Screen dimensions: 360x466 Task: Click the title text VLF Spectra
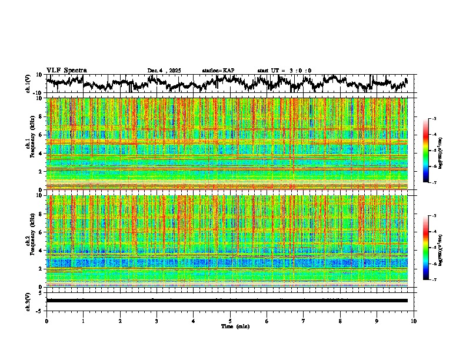(66, 71)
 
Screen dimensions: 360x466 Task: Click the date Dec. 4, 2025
(164, 71)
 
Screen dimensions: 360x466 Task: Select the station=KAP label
(218, 71)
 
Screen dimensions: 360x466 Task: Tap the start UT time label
(284, 71)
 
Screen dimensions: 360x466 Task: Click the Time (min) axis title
(235, 326)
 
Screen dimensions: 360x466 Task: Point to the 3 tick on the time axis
(157, 321)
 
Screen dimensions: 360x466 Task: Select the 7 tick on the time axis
(304, 321)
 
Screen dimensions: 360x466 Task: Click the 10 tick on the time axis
(414, 321)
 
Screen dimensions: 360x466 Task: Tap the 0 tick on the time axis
(46, 321)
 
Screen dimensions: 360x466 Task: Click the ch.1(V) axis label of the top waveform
(29, 84)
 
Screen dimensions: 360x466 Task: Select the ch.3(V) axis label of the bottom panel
(29, 300)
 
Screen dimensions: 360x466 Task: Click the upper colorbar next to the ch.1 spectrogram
(431, 151)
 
